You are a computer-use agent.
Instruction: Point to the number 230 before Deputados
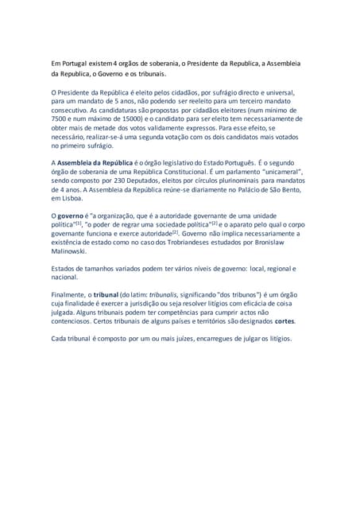pyautogui.click(x=118, y=181)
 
